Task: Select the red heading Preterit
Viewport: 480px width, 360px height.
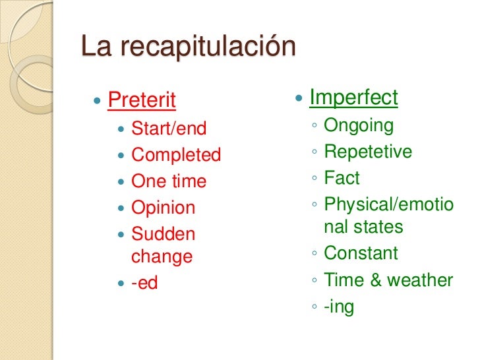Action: tap(142, 101)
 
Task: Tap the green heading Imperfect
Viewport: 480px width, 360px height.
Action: tap(353, 98)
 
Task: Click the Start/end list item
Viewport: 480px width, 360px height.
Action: tap(169, 128)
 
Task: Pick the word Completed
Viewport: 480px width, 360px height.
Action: tap(176, 155)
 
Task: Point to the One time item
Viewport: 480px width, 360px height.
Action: tap(169, 181)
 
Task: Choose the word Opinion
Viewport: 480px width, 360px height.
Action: tap(164, 208)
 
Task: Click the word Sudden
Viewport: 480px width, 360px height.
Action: tap(164, 234)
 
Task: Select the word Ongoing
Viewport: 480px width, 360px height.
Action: tap(359, 126)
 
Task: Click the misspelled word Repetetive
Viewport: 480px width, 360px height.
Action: tap(368, 152)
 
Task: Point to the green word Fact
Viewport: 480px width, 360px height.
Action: tap(342, 178)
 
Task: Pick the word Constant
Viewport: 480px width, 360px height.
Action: tap(361, 253)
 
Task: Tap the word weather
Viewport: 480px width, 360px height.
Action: tap(420, 280)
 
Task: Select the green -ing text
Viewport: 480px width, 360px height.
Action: tap(339, 307)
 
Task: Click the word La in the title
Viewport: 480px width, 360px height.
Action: tap(95, 47)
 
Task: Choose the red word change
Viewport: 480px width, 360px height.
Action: tap(162, 256)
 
